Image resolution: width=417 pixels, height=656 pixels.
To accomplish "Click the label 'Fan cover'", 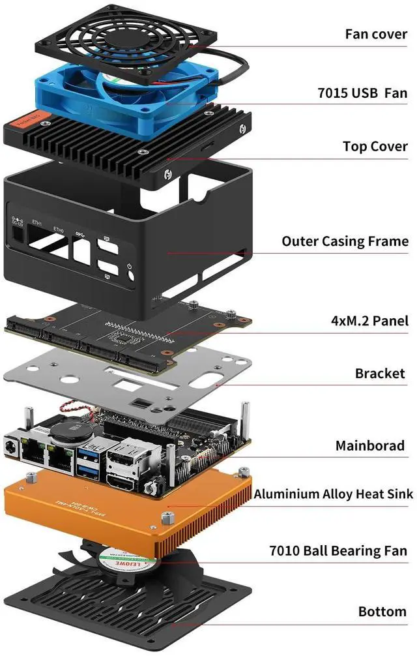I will [376, 34].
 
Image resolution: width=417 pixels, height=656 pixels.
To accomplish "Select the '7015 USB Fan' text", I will [362, 93].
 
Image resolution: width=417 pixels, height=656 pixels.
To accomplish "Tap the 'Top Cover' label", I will [375, 146].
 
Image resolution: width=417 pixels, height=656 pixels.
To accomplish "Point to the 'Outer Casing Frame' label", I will [345, 241].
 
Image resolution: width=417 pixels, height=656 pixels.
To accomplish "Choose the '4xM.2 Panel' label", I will [369, 321].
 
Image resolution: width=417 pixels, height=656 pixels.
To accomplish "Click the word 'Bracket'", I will [380, 374].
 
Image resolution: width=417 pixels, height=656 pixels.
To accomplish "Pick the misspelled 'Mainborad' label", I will [369, 446].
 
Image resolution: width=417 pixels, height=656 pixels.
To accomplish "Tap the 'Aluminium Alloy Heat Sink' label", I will [333, 494].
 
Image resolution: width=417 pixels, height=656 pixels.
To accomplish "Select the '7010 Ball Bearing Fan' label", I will [338, 551].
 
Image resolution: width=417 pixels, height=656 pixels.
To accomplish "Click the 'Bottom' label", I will [382, 612].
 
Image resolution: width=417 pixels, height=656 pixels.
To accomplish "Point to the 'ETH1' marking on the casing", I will [36, 224].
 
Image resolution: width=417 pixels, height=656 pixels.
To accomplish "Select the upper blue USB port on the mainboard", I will [88, 451].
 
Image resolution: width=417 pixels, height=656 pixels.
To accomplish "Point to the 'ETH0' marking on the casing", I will [59, 229].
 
